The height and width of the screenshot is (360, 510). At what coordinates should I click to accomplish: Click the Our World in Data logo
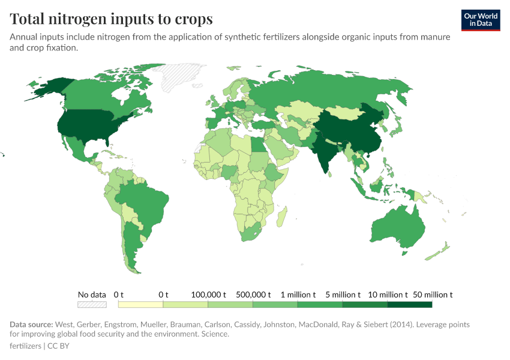[x=481, y=20]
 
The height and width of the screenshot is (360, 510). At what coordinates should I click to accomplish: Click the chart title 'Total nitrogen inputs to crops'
[x=111, y=19]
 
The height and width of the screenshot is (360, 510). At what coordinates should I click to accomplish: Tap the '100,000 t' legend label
[x=208, y=295]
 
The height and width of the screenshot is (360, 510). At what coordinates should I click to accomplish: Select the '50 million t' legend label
[x=433, y=295]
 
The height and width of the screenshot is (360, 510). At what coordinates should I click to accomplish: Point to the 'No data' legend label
[x=92, y=295]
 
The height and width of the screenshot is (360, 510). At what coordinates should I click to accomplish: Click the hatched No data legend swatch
[x=92, y=305]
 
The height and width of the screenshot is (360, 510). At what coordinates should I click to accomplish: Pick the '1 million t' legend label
[x=298, y=295]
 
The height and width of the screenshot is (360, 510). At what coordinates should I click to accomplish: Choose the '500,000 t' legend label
[x=253, y=295]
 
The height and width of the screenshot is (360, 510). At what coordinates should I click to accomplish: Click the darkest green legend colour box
[x=410, y=305]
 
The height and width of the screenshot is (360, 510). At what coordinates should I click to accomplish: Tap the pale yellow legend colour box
[x=140, y=305]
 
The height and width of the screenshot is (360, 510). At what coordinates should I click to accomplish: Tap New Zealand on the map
[x=439, y=250]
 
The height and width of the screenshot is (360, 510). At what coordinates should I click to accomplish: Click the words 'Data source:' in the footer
[x=31, y=325]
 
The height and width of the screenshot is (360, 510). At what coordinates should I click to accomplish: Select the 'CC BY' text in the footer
[x=59, y=346]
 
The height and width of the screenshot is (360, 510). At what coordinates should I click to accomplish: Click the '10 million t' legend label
[x=388, y=295]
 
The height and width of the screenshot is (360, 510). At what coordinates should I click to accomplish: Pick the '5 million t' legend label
[x=343, y=295]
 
